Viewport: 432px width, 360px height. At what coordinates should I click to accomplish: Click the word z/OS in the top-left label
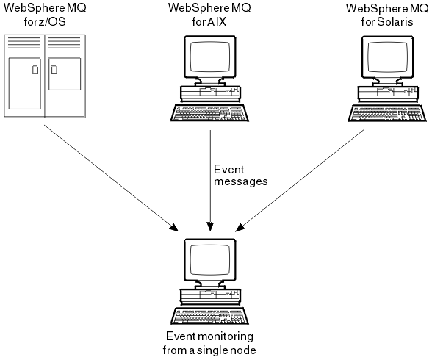51,21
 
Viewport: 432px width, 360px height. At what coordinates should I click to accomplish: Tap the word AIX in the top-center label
217,21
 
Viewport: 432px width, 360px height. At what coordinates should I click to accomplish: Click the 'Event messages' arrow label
240,176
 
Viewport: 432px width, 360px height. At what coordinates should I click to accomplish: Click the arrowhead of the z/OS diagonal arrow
174,228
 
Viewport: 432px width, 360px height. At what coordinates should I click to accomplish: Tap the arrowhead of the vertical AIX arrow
210,227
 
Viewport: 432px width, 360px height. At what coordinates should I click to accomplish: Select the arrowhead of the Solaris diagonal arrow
240,227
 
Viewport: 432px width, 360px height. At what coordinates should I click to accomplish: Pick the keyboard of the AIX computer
209,112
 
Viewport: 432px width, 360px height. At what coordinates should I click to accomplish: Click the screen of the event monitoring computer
210,259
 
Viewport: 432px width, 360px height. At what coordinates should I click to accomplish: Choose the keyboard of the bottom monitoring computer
209,316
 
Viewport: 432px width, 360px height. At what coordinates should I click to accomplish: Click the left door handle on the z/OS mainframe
35,70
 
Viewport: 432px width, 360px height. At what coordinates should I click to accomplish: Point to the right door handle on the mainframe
54,70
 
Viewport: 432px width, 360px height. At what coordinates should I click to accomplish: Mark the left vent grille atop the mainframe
24,43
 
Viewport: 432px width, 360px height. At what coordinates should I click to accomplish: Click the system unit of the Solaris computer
388,93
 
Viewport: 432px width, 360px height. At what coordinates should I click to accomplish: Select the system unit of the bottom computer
210,297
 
